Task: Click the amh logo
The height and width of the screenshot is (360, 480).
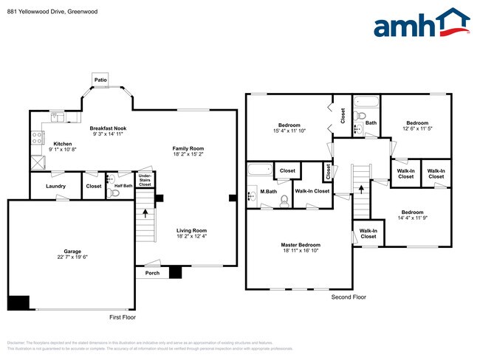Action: click(422, 24)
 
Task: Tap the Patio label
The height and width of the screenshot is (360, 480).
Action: click(100, 79)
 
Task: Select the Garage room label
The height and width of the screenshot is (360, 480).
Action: click(72, 252)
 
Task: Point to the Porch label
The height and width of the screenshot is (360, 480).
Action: click(151, 273)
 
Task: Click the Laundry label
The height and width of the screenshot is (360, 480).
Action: click(55, 187)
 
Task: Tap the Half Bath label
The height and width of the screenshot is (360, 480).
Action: click(123, 186)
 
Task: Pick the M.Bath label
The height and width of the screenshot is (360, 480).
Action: click(268, 192)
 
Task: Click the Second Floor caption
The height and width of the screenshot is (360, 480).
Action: click(349, 297)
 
